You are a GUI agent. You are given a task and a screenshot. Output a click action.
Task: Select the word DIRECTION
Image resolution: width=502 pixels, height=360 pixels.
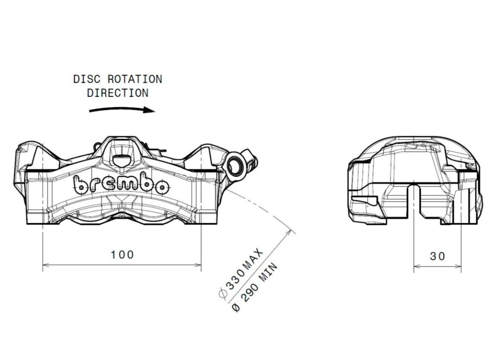click(117, 93)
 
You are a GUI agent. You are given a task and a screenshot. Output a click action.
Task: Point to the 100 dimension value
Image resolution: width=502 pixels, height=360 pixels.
click(122, 255)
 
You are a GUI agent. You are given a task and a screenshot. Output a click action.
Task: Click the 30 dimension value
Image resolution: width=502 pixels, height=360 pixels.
click(437, 256)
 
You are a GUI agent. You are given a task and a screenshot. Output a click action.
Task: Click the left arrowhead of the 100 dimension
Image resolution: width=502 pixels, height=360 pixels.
click(46, 265)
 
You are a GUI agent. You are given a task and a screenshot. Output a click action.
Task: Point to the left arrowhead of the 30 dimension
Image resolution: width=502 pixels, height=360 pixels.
click(416, 267)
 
